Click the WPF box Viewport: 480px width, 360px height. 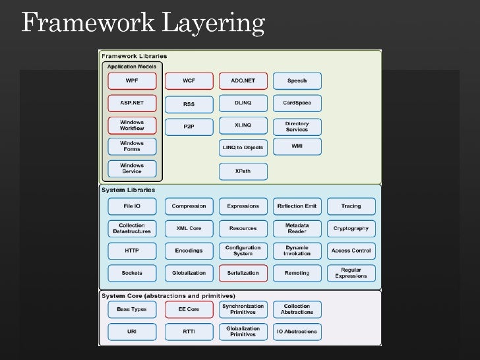132,81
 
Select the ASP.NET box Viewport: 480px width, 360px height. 132,104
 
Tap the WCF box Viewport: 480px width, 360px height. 189,81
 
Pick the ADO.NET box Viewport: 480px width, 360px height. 243,81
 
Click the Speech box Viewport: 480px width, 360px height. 297,81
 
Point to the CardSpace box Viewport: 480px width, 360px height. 297,104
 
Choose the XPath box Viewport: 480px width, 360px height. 243,171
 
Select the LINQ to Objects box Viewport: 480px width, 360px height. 243,147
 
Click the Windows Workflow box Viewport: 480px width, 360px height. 132,125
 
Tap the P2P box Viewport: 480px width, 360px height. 189,126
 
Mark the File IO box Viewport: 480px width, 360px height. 132,206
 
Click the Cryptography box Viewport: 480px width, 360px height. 351,228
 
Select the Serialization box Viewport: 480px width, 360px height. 243,272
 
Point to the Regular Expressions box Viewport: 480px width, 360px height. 351,273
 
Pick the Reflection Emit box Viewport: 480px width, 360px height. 297,206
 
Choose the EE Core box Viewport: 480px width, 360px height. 189,309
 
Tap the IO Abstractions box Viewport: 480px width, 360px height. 297,332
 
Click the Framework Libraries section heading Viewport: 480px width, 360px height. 134,57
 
